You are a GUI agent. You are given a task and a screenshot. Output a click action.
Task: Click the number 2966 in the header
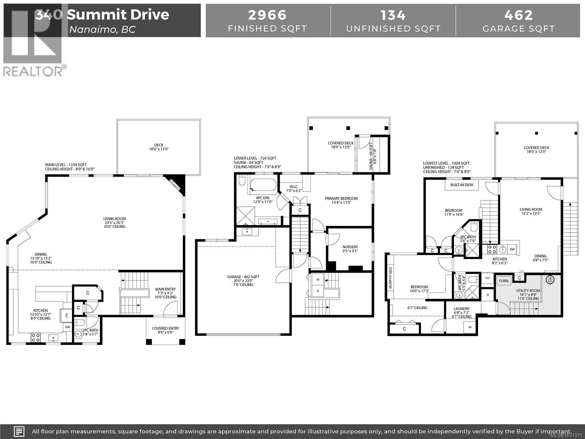click(x=267, y=15)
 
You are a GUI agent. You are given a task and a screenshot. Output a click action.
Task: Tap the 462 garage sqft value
click(x=518, y=15)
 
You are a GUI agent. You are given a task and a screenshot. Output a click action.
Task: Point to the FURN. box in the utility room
click(x=503, y=281)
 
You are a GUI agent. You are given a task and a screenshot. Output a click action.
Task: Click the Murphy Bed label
click(x=390, y=278)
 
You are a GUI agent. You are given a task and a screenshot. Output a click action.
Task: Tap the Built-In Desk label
click(x=461, y=185)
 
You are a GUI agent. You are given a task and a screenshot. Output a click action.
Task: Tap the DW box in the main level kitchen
click(x=68, y=327)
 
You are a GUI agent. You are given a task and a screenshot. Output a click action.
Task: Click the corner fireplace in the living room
click(x=177, y=184)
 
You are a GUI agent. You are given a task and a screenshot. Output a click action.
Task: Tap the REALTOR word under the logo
click(x=33, y=71)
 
